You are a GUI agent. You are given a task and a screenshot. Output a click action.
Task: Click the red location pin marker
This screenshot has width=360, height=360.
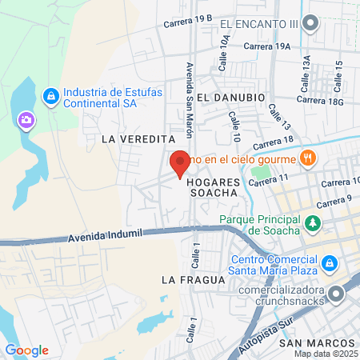click(179, 163)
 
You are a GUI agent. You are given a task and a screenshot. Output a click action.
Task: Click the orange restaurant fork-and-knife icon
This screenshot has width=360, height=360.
click(308, 158)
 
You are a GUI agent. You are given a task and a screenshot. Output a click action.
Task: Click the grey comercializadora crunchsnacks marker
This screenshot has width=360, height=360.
click(338, 295)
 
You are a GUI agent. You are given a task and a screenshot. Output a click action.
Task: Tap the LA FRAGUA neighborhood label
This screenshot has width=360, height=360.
click(190, 279)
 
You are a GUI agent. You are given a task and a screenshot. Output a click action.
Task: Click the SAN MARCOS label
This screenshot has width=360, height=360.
click(311, 343)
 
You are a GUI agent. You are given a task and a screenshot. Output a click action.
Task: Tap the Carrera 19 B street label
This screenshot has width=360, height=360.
click(188, 21)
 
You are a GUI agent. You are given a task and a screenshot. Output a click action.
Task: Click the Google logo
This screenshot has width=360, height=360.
click(26, 350)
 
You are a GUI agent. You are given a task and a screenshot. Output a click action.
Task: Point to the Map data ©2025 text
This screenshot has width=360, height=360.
click(326, 354)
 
